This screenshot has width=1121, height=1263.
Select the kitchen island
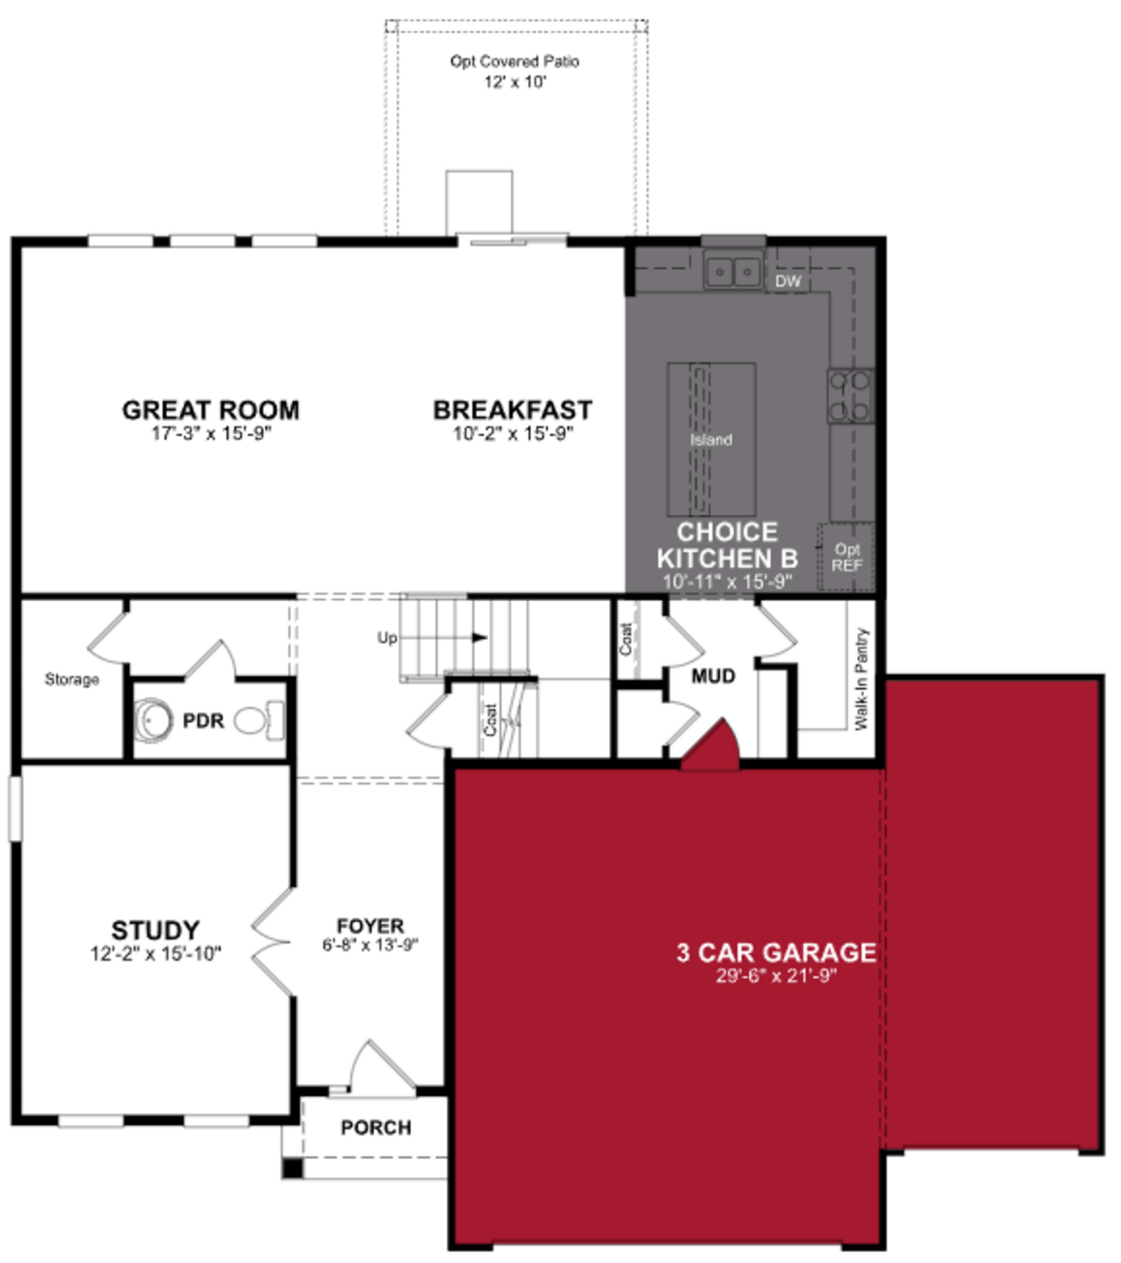pos(711,439)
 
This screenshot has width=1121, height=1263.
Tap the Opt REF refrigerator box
pos(846,557)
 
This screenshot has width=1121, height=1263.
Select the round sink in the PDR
pos(150,721)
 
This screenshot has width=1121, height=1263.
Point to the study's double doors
pos(272,942)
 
